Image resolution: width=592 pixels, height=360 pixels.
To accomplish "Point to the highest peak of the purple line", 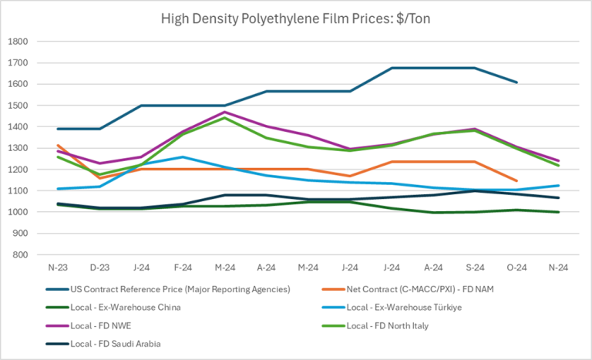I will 225,112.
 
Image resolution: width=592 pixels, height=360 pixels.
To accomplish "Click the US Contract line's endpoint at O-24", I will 516,82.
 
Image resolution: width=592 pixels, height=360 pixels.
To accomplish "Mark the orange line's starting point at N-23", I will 59,145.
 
